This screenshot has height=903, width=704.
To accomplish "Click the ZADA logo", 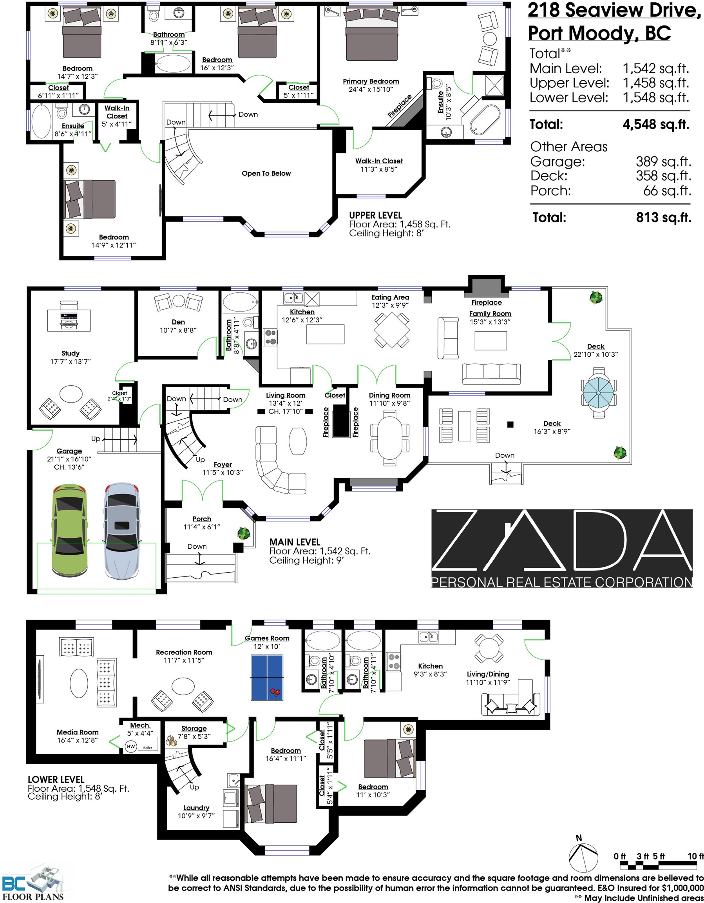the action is click(x=562, y=548).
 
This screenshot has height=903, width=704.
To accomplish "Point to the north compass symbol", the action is click(x=583, y=856).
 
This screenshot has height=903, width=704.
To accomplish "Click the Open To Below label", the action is click(x=266, y=173).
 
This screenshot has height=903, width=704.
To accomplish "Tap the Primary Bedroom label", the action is click(x=371, y=82).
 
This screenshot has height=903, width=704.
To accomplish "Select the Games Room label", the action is click(x=267, y=638).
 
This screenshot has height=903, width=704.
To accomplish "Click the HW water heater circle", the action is click(x=130, y=746).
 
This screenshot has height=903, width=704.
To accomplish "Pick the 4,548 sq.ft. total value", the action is click(x=656, y=124).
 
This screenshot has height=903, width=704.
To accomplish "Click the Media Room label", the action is click(x=78, y=732).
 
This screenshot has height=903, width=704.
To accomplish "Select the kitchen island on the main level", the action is click(x=325, y=334).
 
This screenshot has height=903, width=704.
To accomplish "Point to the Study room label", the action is click(x=70, y=353).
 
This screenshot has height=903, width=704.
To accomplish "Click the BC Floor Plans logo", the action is click(x=33, y=883).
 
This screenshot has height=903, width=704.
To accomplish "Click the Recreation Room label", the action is click(x=184, y=652).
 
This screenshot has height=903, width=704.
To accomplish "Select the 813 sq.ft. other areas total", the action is click(x=664, y=218).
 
